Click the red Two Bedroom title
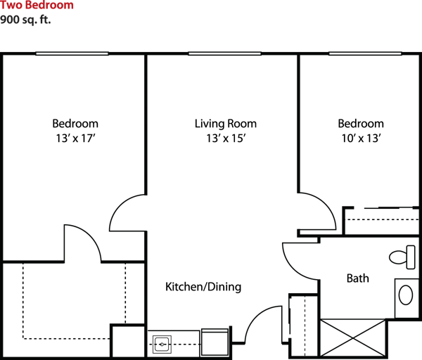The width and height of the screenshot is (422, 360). (x=37, y=5)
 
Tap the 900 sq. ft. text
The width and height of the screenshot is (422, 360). (x=25, y=20)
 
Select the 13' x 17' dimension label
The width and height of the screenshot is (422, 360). (x=76, y=139)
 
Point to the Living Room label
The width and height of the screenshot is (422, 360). (x=226, y=124)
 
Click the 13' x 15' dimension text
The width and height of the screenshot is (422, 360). (x=226, y=139)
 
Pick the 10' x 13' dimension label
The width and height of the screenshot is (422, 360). (x=361, y=139)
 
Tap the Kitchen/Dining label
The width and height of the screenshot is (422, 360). (x=203, y=287)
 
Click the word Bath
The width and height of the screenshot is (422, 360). (x=358, y=278)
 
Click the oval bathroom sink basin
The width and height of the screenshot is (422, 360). (x=406, y=295)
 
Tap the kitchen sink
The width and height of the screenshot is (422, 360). (x=162, y=345)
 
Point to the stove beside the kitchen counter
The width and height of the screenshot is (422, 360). (x=215, y=342)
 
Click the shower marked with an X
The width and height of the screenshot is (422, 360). (x=353, y=338)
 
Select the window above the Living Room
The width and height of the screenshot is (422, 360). (x=225, y=53)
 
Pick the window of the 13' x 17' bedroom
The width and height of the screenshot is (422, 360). (x=72, y=53)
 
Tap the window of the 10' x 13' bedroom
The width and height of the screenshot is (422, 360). (x=365, y=53)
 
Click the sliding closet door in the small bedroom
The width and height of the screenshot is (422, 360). (x=382, y=207)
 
